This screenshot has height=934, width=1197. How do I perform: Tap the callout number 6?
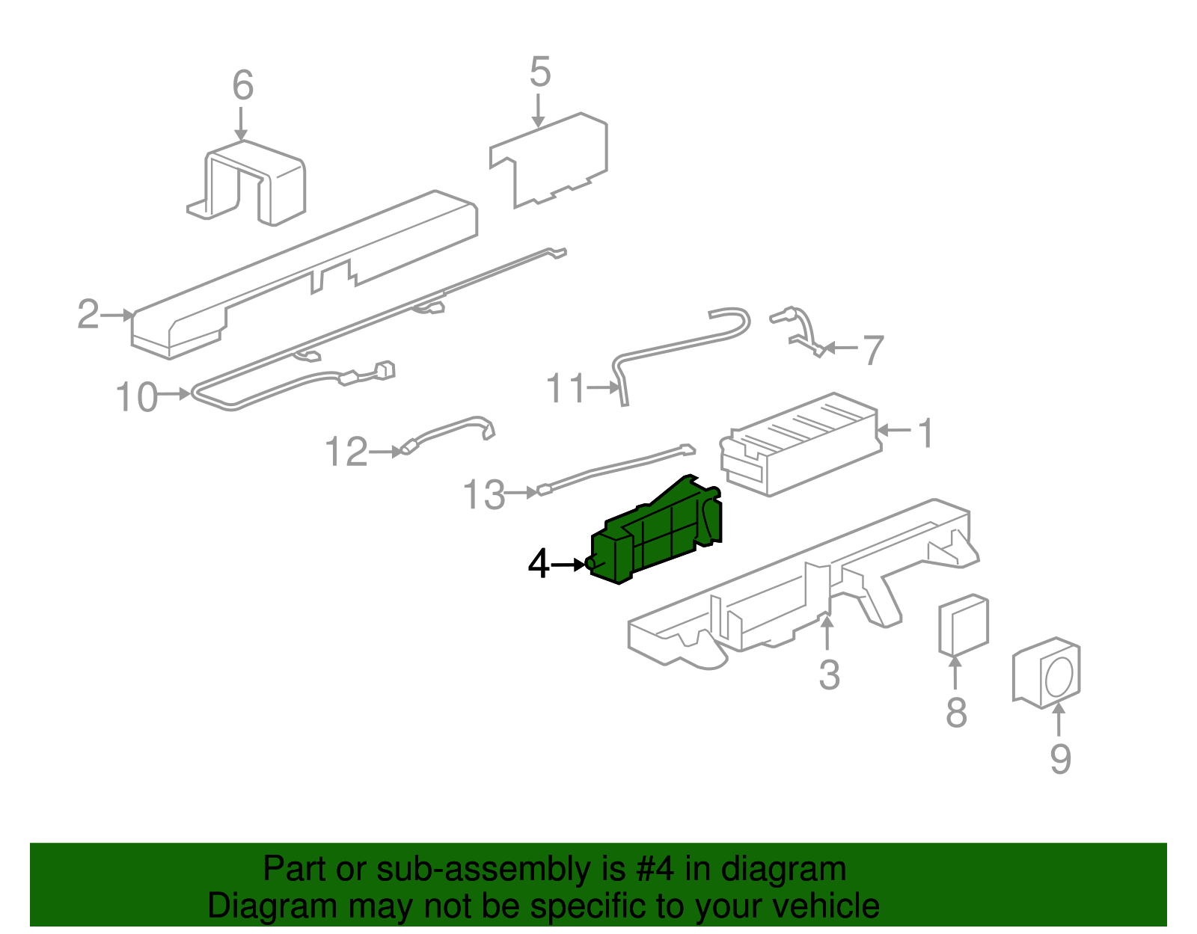click(242, 86)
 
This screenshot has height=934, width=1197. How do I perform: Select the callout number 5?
click(539, 73)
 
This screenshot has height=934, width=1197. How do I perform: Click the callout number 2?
click(88, 315)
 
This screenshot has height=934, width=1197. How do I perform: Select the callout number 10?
click(137, 397)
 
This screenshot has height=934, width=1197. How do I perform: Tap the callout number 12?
click(346, 452)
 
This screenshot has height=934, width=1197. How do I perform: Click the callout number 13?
click(484, 495)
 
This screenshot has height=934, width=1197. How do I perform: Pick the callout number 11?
click(566, 389)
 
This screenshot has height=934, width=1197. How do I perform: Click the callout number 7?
click(873, 350)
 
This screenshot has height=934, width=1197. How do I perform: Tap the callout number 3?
click(829, 675)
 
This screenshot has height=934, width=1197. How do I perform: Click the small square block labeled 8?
click(964, 625)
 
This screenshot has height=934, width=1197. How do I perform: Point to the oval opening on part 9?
click(1059, 677)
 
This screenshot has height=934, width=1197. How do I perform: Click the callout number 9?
click(1060, 760)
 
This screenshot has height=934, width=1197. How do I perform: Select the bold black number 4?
click(539, 565)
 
